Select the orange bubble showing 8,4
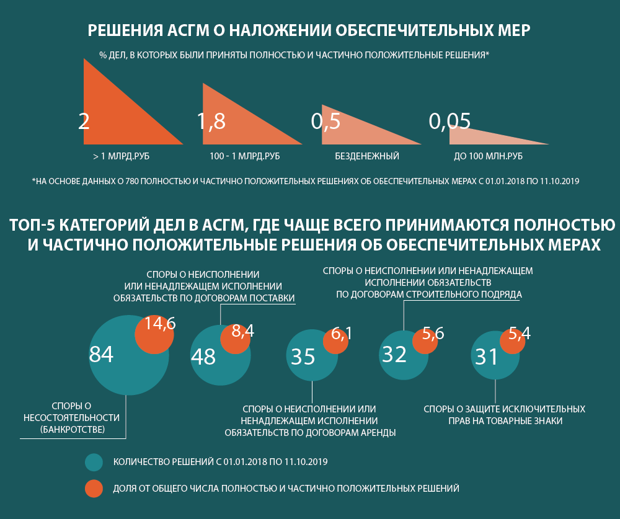[x=236, y=339]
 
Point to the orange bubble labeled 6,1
[x=335, y=341]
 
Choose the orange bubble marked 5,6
[x=425, y=341]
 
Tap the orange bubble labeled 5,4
[x=512, y=341]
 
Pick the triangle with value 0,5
[x=347, y=131]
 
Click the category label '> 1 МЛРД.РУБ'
[x=122, y=156]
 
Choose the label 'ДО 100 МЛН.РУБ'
[x=479, y=156]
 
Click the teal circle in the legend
[x=94, y=462]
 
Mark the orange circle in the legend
[x=94, y=489]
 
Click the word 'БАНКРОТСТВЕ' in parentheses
[x=73, y=429]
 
